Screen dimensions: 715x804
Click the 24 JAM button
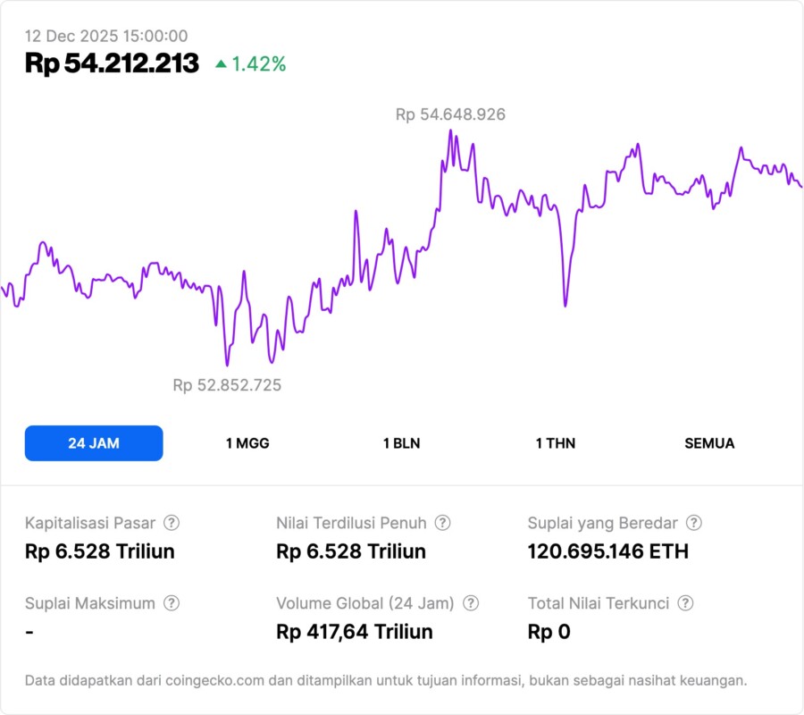click(x=94, y=443)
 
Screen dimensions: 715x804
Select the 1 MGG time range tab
click(x=247, y=443)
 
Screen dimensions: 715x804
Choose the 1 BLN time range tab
click(x=401, y=443)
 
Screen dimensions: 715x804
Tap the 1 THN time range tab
click(x=556, y=443)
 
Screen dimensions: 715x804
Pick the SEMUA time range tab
click(x=709, y=443)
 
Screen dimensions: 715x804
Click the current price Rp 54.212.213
click(x=112, y=64)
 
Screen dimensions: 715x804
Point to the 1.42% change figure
click(x=259, y=64)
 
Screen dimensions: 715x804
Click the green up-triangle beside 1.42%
click(x=221, y=64)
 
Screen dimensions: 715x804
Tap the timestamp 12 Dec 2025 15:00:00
click(x=106, y=37)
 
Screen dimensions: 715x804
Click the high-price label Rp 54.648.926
click(x=450, y=114)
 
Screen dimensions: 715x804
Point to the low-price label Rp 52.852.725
click(x=227, y=385)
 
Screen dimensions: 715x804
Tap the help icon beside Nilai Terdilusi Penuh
click(x=442, y=523)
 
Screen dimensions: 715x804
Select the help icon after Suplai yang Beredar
click(x=693, y=523)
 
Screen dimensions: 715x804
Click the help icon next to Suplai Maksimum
click(x=172, y=603)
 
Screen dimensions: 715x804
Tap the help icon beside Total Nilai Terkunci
click(x=684, y=603)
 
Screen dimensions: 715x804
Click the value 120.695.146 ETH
click(x=608, y=551)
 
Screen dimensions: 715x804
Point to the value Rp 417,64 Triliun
click(x=355, y=632)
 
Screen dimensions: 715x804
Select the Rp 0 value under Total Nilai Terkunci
click(x=549, y=632)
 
